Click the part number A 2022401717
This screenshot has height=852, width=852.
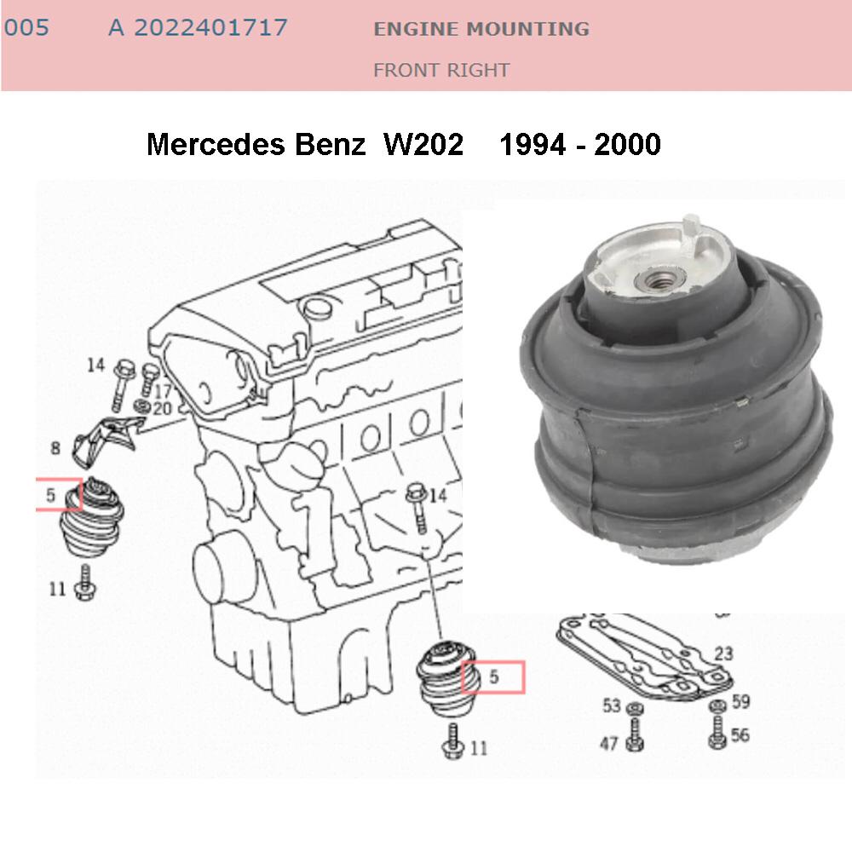tap(198, 28)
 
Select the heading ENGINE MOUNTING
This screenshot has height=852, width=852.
tap(481, 29)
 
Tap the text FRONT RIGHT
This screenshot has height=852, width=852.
tap(441, 70)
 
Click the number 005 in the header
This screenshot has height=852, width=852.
tap(26, 28)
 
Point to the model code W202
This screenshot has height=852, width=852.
tap(423, 144)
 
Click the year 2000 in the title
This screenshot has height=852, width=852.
tap(628, 144)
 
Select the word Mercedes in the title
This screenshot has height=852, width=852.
tap(216, 144)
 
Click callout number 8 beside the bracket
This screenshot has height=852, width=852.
tap(56, 448)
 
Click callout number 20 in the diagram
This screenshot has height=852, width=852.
tap(162, 409)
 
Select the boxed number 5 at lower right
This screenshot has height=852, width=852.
tap(493, 677)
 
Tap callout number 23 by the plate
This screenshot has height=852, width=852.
tap(723, 654)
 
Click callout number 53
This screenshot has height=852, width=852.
tap(612, 705)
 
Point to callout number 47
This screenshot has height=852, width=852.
tap(608, 744)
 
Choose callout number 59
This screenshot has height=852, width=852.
tap(740, 703)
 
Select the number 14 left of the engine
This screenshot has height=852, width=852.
tap(95, 366)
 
